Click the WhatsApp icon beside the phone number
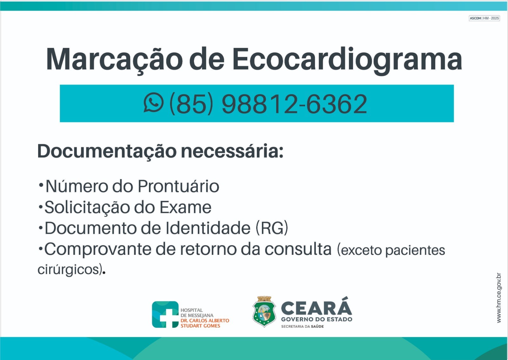(x=154, y=102)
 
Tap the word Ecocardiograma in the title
(x=347, y=60)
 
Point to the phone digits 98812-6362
(x=294, y=104)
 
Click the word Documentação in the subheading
(x=107, y=151)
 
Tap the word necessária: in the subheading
(x=232, y=151)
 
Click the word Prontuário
(x=178, y=187)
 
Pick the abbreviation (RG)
(x=272, y=228)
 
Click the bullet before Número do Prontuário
(x=41, y=185)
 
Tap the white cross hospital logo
(x=165, y=315)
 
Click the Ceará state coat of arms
(x=264, y=311)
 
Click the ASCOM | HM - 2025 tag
(x=485, y=18)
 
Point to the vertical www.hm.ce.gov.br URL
(x=499, y=298)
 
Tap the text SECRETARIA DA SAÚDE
(x=303, y=326)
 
